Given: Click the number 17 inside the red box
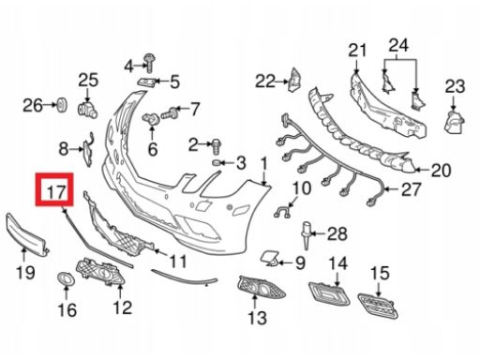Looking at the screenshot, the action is [x=56, y=191].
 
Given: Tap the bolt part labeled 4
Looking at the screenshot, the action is [x=149, y=63].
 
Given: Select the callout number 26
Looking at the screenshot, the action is [x=33, y=106].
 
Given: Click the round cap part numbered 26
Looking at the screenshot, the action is [x=62, y=105].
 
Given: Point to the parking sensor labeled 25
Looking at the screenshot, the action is [x=87, y=110].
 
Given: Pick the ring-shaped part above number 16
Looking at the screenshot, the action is [x=66, y=278].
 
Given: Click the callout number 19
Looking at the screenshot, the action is [x=25, y=273].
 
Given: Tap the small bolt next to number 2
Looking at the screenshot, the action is [x=217, y=146].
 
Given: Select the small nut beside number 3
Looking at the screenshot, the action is [x=217, y=163].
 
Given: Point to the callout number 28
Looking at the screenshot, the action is [x=337, y=233].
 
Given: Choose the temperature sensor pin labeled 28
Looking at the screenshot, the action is [x=307, y=236].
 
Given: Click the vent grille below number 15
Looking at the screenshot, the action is [x=378, y=306].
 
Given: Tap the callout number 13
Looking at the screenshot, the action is [x=257, y=318].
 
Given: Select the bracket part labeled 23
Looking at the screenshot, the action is [x=454, y=122].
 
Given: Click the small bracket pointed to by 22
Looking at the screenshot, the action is [x=294, y=80].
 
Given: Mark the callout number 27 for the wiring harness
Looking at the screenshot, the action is [x=412, y=189].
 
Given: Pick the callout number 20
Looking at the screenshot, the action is [x=441, y=171].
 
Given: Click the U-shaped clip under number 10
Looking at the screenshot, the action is [x=282, y=213].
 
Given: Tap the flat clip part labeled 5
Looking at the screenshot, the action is [x=146, y=82].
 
